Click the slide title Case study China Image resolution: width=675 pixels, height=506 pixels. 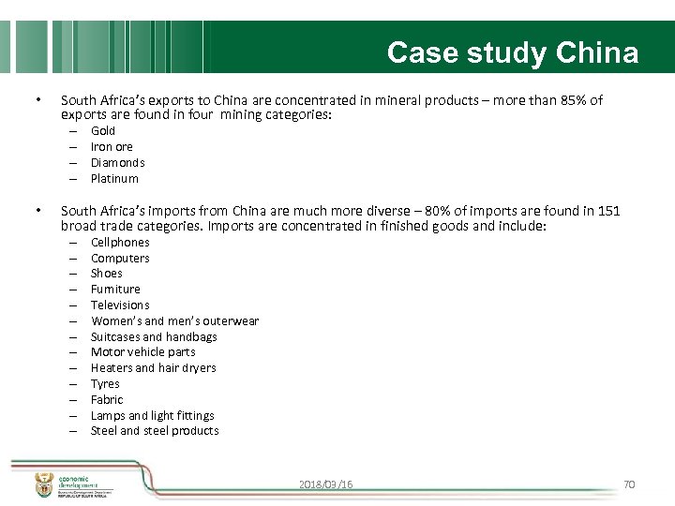tap(512, 52)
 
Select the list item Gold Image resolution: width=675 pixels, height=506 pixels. tap(103, 131)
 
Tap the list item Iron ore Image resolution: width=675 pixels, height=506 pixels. tap(112, 147)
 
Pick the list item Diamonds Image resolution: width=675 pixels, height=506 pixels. tap(117, 163)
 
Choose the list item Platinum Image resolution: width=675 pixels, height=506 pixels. tap(114, 179)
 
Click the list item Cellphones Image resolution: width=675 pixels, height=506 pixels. tap(120, 243)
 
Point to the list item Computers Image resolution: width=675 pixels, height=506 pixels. tap(120, 259)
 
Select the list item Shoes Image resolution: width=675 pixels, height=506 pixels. tap(107, 274)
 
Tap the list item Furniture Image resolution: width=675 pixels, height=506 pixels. tap(115, 290)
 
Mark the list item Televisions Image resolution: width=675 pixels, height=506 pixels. tap(120, 305)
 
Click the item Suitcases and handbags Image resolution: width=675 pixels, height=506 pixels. tap(154, 337)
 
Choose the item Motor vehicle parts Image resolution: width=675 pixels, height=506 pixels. tap(143, 352)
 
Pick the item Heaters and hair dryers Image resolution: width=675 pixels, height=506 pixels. tap(153, 368)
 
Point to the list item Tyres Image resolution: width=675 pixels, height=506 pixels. tap(105, 384)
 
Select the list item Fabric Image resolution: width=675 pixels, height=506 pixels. tap(107, 400)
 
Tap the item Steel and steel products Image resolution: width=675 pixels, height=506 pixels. tap(155, 431)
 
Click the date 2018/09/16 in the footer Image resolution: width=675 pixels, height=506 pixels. tap(326, 484)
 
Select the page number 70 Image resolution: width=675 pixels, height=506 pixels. tap(629, 484)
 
